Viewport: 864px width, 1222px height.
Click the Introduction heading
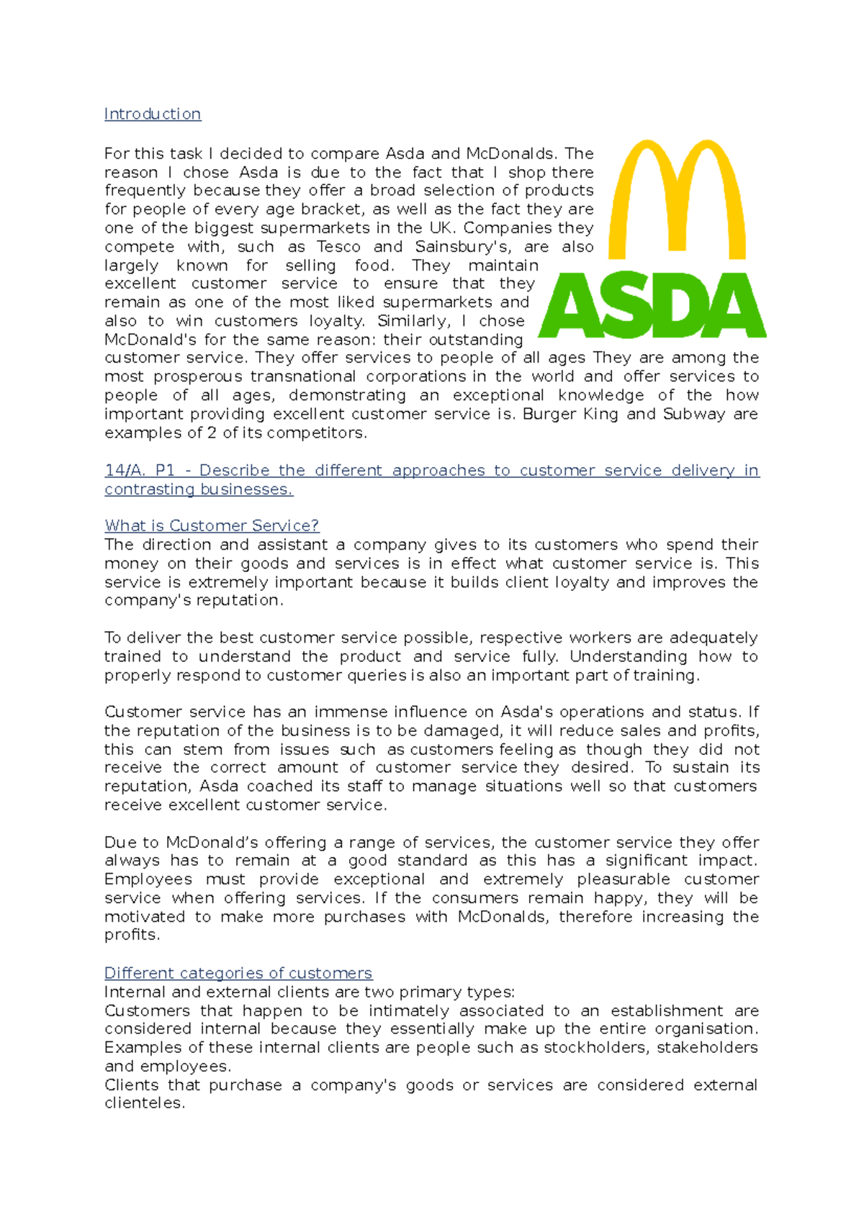click(153, 114)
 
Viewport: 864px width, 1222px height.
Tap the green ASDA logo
click(653, 305)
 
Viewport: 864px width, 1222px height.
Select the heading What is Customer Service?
click(212, 526)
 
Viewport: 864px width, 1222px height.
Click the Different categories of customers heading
click(238, 974)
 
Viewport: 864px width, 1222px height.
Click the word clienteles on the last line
click(144, 1103)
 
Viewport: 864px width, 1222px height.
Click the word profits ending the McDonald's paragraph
click(131, 935)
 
